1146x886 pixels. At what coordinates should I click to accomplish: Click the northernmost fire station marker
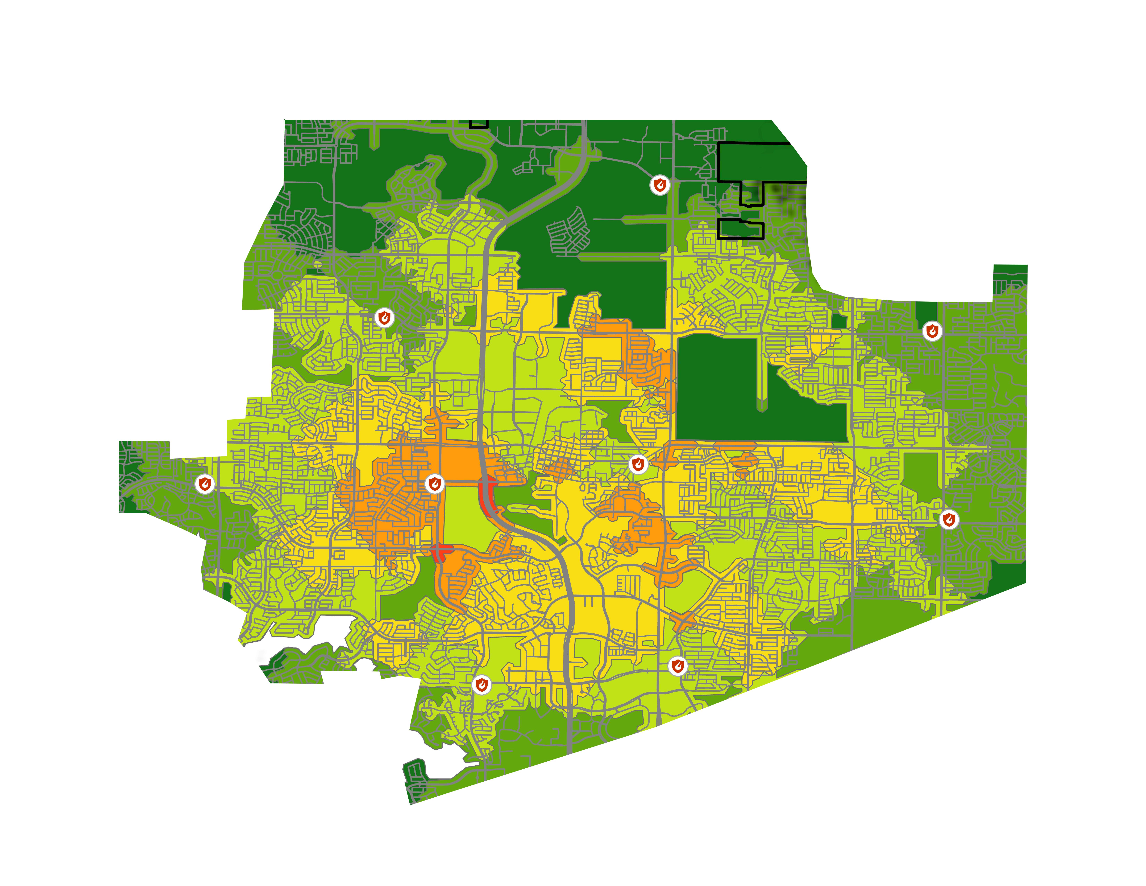[x=660, y=185]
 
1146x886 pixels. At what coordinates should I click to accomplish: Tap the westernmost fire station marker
[x=205, y=484]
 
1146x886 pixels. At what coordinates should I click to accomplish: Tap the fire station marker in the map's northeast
[x=932, y=331]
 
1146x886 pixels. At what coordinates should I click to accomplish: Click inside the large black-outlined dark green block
[x=756, y=163]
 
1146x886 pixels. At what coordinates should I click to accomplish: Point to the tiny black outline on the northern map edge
[x=479, y=124]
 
